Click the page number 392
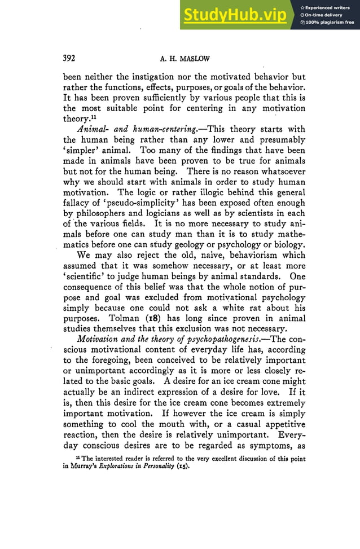tap(69, 58)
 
